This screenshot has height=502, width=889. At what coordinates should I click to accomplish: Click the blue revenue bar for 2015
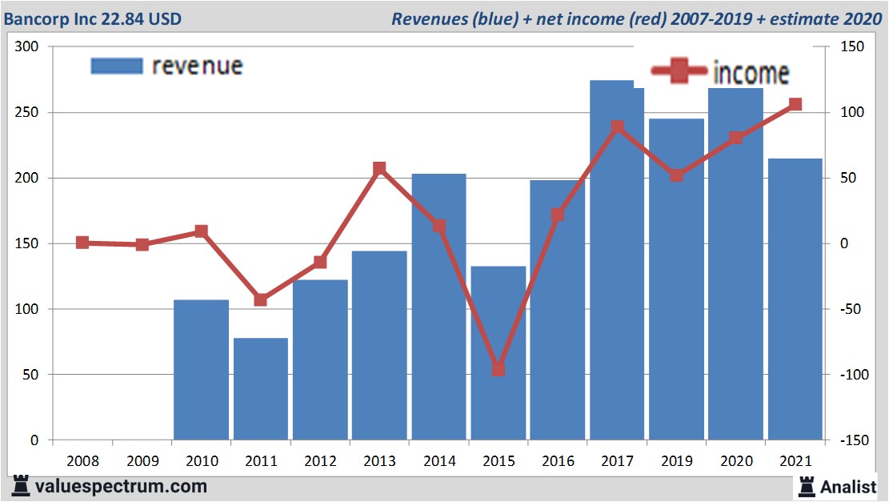(498, 352)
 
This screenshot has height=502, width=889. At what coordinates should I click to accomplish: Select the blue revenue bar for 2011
(261, 388)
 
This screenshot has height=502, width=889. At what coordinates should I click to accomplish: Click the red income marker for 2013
(379, 168)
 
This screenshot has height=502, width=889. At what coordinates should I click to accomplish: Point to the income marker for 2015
(499, 369)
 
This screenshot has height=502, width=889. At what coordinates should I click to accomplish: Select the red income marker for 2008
(82, 243)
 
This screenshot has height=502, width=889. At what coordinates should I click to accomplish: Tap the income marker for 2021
(795, 105)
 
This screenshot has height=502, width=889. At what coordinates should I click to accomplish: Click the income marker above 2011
(261, 299)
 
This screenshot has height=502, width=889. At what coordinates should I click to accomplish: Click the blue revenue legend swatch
(117, 66)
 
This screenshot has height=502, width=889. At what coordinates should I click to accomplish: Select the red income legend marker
(679, 73)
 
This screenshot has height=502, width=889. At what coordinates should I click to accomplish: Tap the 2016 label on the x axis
(558, 461)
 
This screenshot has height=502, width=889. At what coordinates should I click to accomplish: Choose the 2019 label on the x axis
(676, 461)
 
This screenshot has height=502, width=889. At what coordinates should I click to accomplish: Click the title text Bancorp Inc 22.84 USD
(93, 18)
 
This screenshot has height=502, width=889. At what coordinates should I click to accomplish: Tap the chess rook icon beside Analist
(807, 486)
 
